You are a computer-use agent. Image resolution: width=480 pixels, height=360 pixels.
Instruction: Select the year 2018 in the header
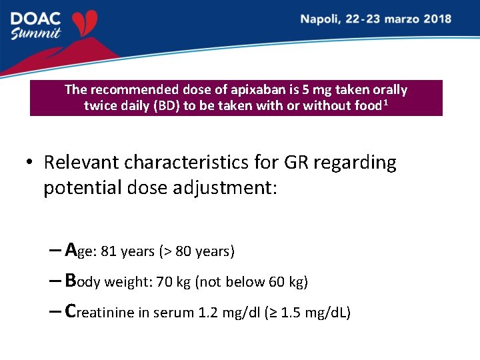(x=436, y=19)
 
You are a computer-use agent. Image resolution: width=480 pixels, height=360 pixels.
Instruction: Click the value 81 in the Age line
(x=109, y=251)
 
